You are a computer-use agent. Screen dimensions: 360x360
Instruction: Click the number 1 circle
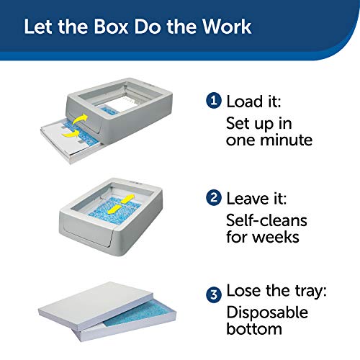(213, 100)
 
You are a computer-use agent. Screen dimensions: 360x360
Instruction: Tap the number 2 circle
(213, 198)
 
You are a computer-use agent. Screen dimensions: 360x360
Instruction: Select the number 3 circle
(214, 294)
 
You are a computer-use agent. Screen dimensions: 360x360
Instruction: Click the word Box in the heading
(111, 27)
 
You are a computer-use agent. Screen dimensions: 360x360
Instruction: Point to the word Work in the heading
(227, 26)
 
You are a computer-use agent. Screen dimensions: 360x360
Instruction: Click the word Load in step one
(245, 102)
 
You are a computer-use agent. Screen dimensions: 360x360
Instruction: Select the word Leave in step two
(248, 199)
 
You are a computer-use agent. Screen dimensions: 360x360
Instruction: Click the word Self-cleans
(266, 220)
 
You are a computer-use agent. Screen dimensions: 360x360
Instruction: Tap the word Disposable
(267, 312)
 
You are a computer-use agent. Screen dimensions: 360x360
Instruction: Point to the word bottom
(254, 329)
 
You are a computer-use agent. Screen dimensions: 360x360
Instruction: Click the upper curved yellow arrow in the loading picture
(80, 119)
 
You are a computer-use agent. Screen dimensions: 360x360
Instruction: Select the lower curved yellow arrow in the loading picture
(71, 133)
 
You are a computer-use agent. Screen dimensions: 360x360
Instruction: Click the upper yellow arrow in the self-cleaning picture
(127, 199)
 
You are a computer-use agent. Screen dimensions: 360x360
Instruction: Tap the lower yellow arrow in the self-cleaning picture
(114, 209)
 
